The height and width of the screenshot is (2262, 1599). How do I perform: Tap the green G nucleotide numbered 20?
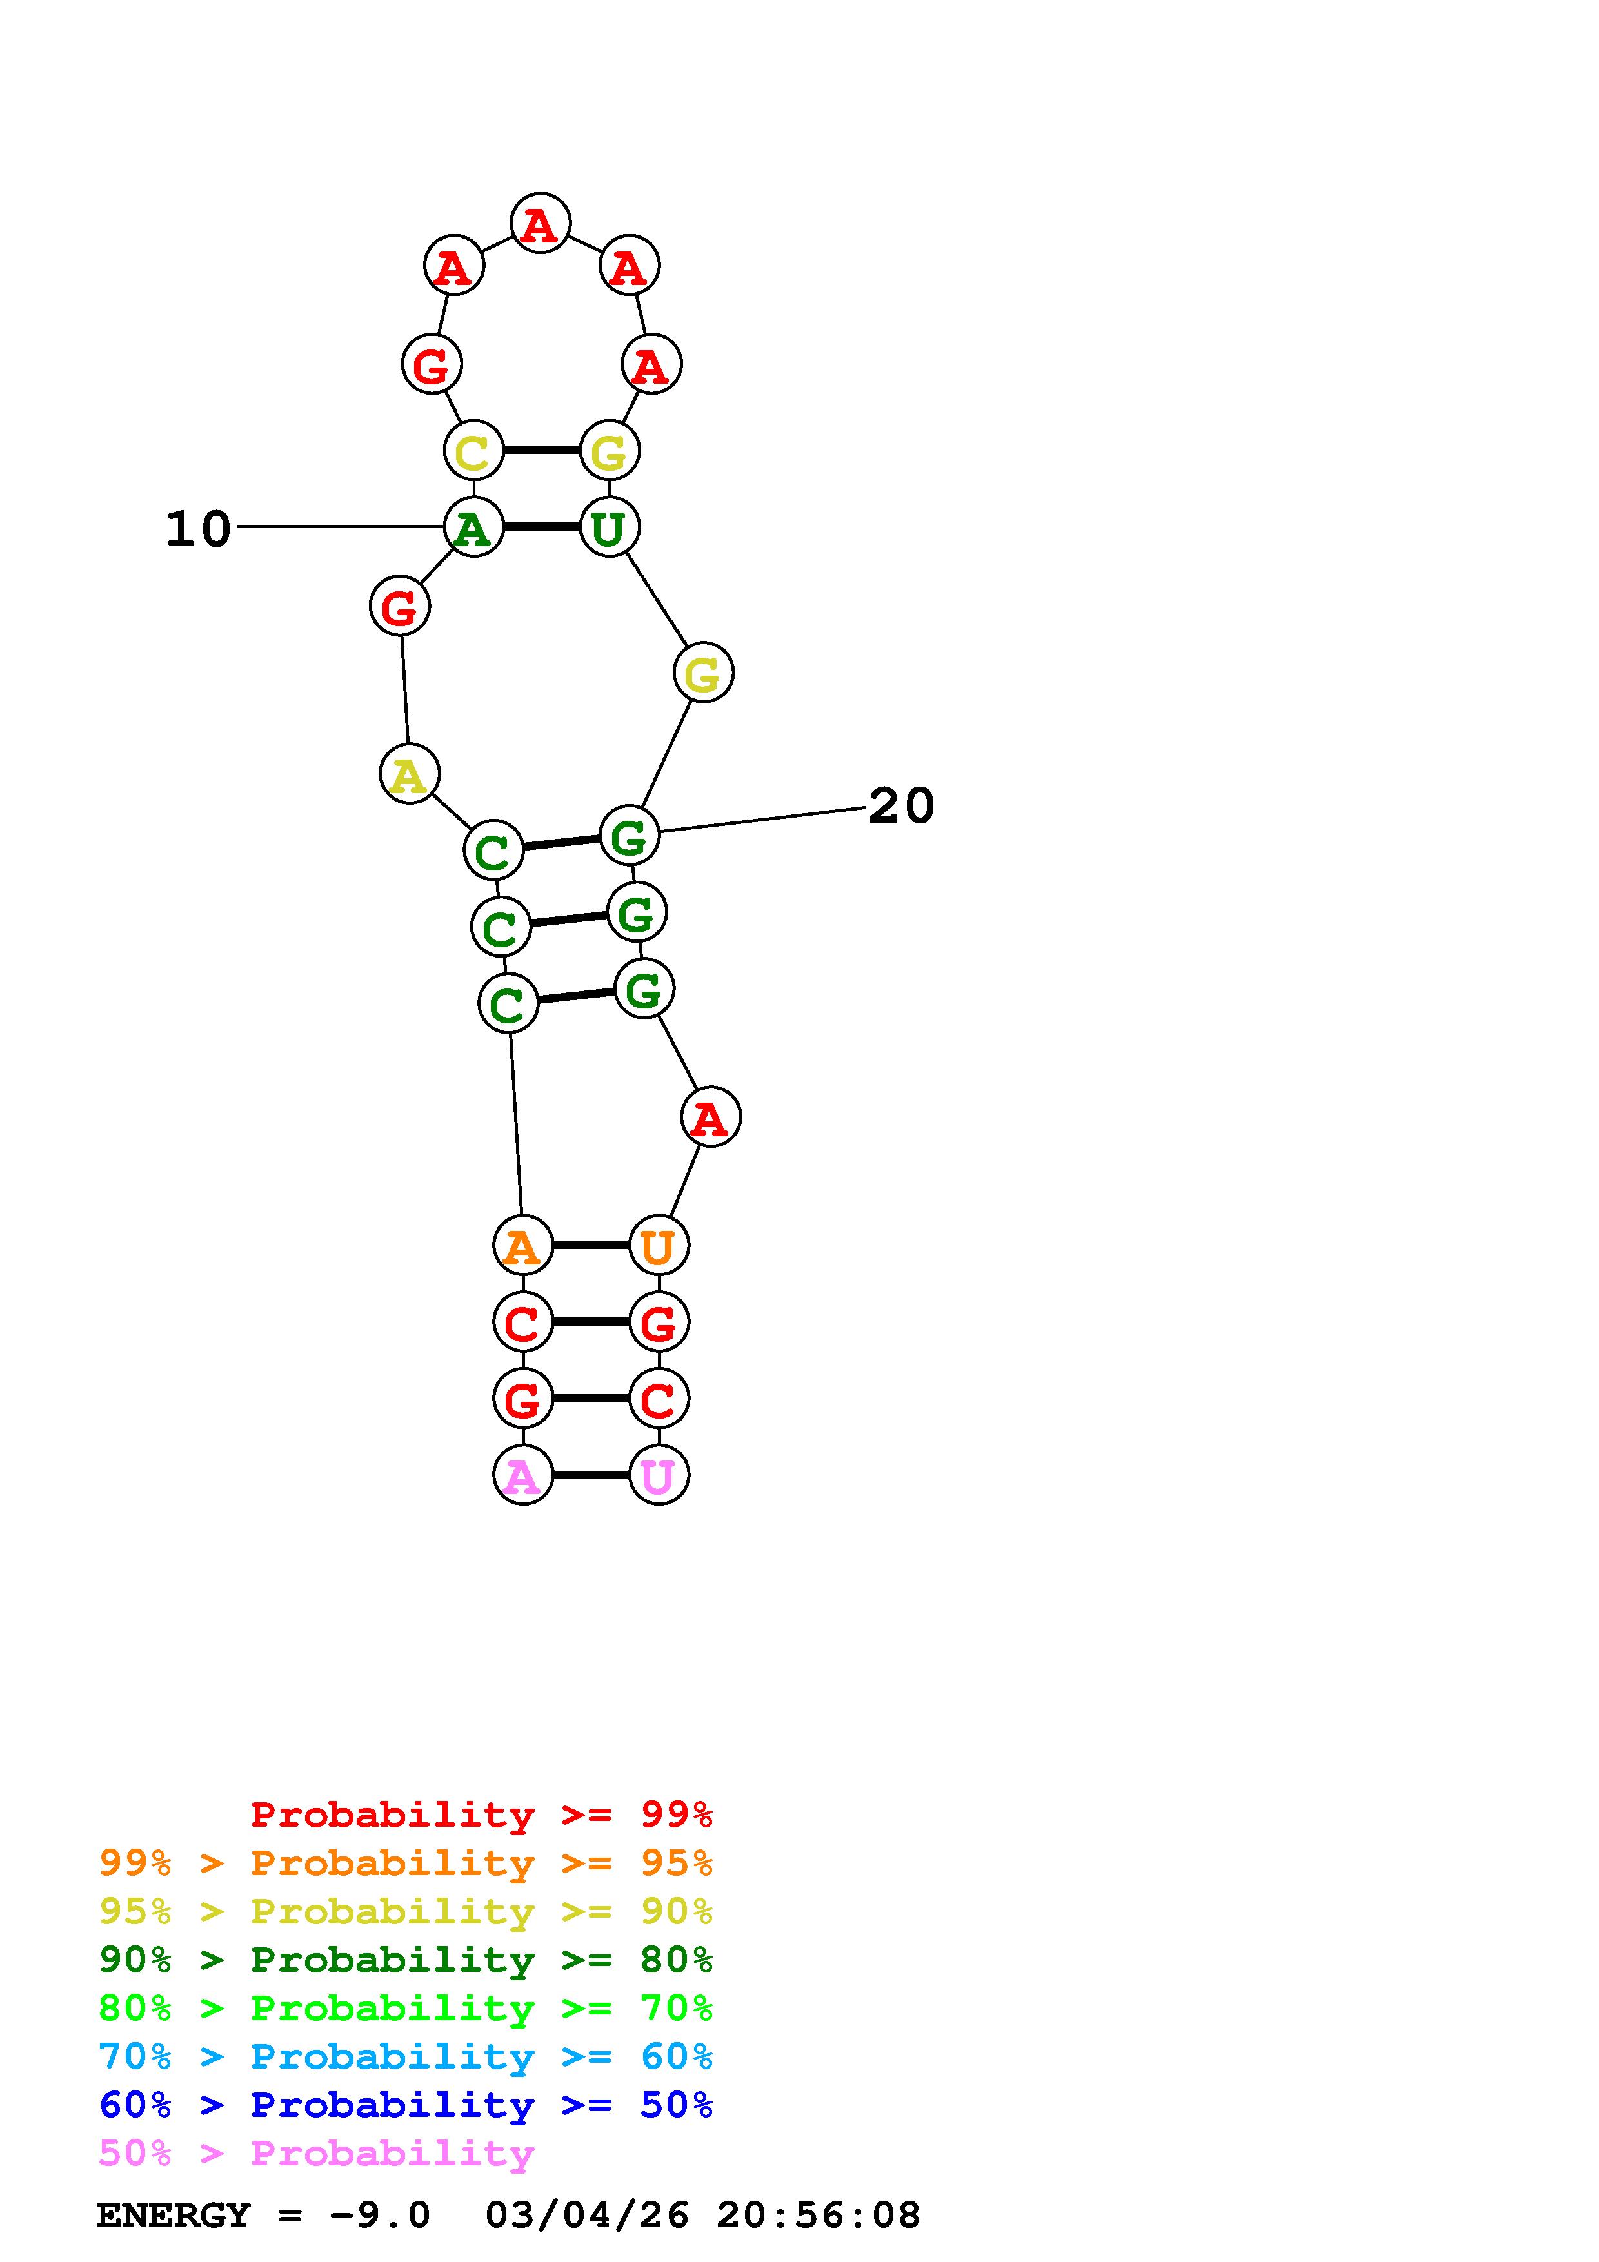coord(628,836)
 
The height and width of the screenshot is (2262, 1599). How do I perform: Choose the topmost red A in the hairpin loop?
coord(540,224)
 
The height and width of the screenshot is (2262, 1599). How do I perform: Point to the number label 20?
coord(900,806)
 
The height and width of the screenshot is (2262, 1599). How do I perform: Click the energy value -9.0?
coord(381,2216)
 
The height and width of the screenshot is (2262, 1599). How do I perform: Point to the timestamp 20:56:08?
coord(818,2216)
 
